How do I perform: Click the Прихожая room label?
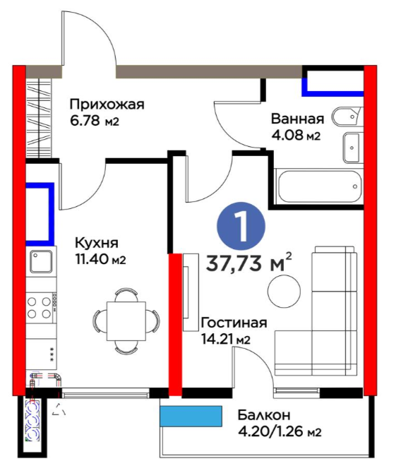pyautogui.click(x=107, y=105)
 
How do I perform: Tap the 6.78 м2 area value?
pyautogui.click(x=95, y=121)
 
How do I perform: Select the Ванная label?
pyautogui.click(x=297, y=119)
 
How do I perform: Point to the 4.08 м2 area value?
pyautogui.click(x=296, y=136)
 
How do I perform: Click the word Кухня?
pyautogui.click(x=97, y=243)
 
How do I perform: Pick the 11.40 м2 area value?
pyautogui.click(x=100, y=259)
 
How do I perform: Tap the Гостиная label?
pyautogui.click(x=234, y=323)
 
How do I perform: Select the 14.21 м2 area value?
pyautogui.click(x=226, y=340)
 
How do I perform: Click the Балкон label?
pyautogui.click(x=264, y=415)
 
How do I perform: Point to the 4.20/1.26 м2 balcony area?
pyautogui.click(x=280, y=432)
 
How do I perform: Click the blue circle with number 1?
pyautogui.click(x=241, y=226)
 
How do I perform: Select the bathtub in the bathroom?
pyautogui.click(x=320, y=186)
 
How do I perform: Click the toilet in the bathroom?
pyautogui.click(x=347, y=116)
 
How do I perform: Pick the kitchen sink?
pyautogui.click(x=41, y=261)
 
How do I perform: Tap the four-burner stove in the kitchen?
pyautogui.click(x=41, y=307)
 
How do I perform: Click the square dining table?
pyautogui.click(x=126, y=321)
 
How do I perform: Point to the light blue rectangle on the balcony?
pyautogui.click(x=191, y=416)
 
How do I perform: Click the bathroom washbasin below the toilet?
pyautogui.click(x=352, y=148)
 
